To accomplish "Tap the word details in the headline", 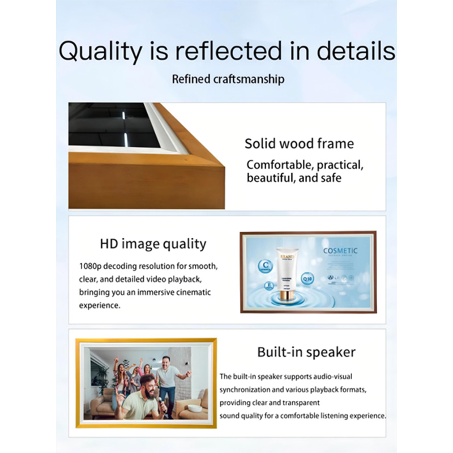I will coord(356,50).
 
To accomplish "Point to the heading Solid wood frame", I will coord(299,144).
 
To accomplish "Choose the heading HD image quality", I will coord(153,244).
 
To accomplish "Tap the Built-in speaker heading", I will coord(306,352).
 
